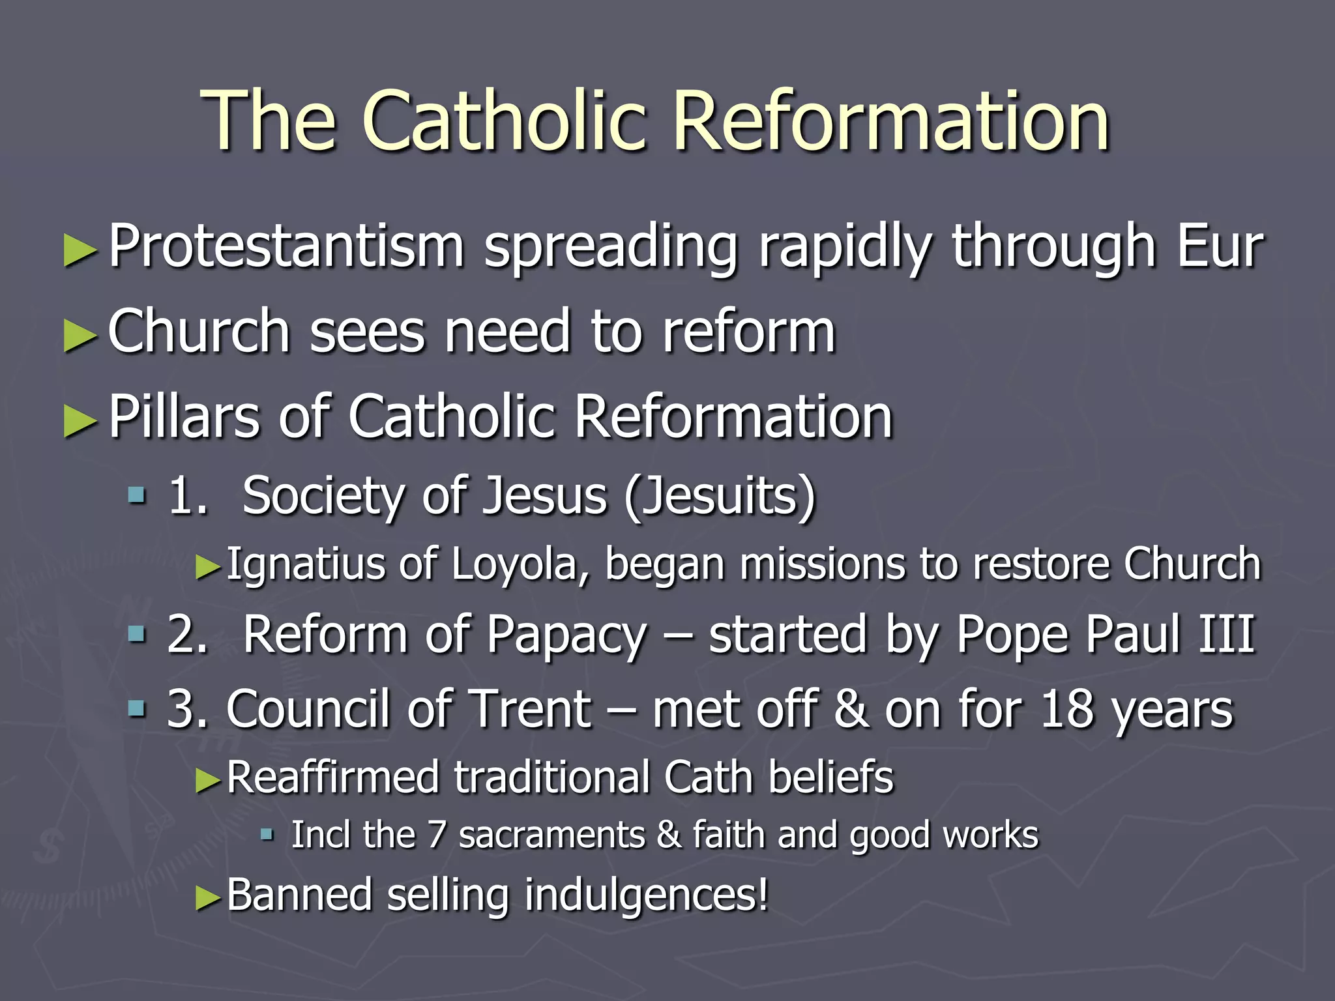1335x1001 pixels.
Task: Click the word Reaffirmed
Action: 332,777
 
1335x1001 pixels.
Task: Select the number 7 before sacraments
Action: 436,835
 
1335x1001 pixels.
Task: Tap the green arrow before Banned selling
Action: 209,899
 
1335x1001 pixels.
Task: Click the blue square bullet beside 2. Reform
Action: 137,633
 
